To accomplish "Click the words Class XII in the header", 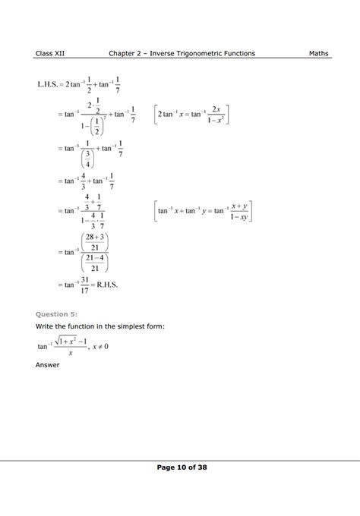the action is point(49,53).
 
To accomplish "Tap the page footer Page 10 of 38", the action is point(179,468).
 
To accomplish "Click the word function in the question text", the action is point(84,326).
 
